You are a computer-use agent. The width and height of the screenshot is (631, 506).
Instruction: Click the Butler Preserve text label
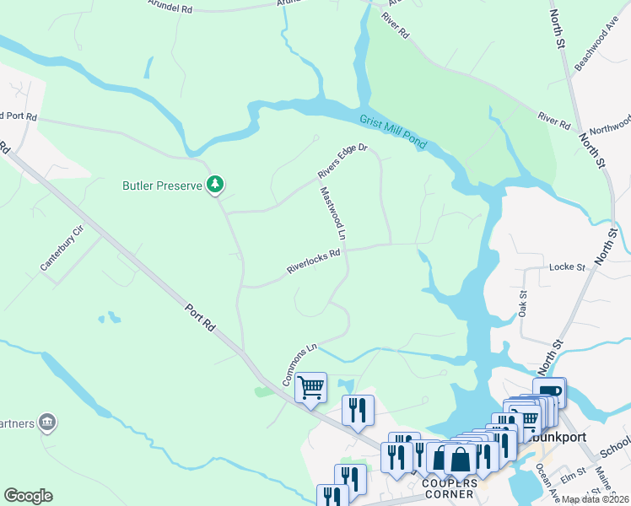click(162, 185)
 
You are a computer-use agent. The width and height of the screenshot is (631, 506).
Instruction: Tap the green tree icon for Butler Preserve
click(217, 183)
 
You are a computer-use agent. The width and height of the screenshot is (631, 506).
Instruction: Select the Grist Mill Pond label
click(395, 132)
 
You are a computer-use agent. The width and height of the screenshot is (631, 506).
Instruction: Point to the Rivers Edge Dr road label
click(343, 161)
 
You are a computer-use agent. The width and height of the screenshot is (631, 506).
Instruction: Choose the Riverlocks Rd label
click(313, 261)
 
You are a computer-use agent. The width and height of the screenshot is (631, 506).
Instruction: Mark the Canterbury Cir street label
click(62, 249)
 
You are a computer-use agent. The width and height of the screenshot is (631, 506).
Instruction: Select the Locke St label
click(567, 267)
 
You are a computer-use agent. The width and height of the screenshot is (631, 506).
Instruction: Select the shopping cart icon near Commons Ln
click(311, 388)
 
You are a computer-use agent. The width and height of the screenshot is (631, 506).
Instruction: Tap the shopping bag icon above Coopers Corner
click(461, 459)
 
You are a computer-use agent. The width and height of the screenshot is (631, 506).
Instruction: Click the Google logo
click(28, 496)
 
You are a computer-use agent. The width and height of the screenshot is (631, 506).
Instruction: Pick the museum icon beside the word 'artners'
click(47, 421)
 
